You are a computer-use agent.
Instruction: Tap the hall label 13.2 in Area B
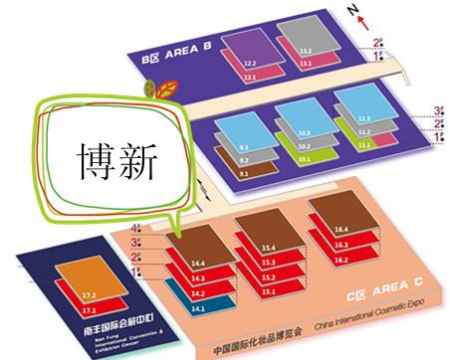coord(306,51)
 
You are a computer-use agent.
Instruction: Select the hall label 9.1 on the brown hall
coord(245,174)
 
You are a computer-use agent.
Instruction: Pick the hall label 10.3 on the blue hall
coord(304,132)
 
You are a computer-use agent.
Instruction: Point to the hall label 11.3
coord(363,117)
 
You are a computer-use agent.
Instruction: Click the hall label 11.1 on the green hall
coord(365,145)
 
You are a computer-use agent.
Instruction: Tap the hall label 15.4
coord(268,248)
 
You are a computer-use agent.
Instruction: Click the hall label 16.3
coord(341,244)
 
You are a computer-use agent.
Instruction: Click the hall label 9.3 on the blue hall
coord(243,144)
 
